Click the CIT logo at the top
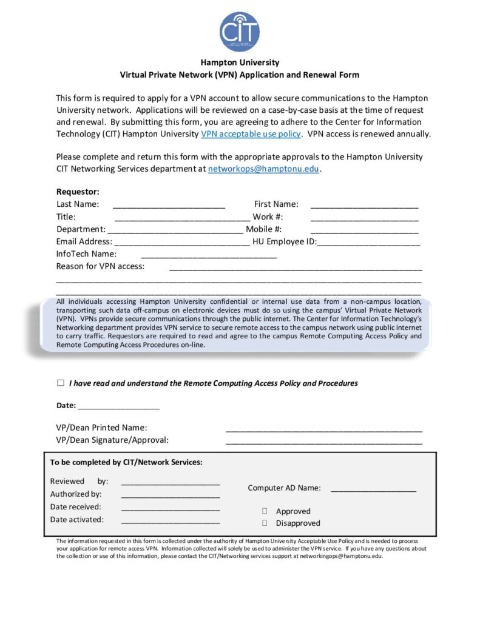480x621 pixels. click(240, 32)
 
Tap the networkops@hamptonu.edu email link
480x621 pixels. click(263, 169)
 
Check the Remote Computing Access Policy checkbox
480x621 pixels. click(61, 383)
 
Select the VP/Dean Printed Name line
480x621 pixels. click(324, 429)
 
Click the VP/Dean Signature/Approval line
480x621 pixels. click(324, 442)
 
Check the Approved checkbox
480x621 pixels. click(265, 511)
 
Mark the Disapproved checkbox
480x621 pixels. click(265, 523)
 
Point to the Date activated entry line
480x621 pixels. click(171, 521)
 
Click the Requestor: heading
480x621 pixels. click(78, 192)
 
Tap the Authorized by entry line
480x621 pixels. click(171, 495)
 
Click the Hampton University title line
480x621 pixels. click(240, 62)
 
